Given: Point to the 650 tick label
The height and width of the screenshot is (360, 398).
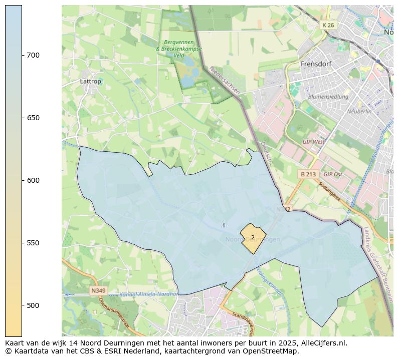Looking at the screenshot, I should pos(34,118).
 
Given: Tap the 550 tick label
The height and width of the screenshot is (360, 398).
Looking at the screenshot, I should pos(34,243).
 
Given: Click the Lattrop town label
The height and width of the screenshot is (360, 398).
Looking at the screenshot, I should pos(90,81).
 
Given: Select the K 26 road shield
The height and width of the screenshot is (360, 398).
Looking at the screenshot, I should pos(328,25).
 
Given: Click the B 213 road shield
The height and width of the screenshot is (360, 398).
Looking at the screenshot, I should pos(308,174).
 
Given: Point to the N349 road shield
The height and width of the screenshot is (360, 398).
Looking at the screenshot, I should pos(99,290).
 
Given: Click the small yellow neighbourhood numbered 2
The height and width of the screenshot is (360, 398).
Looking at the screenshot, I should pos(253,237).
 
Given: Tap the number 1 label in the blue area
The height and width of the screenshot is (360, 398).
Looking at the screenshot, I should pos(224,226).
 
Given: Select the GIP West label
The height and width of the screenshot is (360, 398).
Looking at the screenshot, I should pos(313,142).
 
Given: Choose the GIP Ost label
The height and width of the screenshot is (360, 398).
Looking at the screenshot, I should pos(333,174).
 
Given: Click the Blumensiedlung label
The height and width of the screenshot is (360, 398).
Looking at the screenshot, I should pos(328,96).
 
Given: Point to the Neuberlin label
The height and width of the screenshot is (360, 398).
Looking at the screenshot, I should pos(359,112).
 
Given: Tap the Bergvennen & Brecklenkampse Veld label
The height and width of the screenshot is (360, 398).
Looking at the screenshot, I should pos(179,49).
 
